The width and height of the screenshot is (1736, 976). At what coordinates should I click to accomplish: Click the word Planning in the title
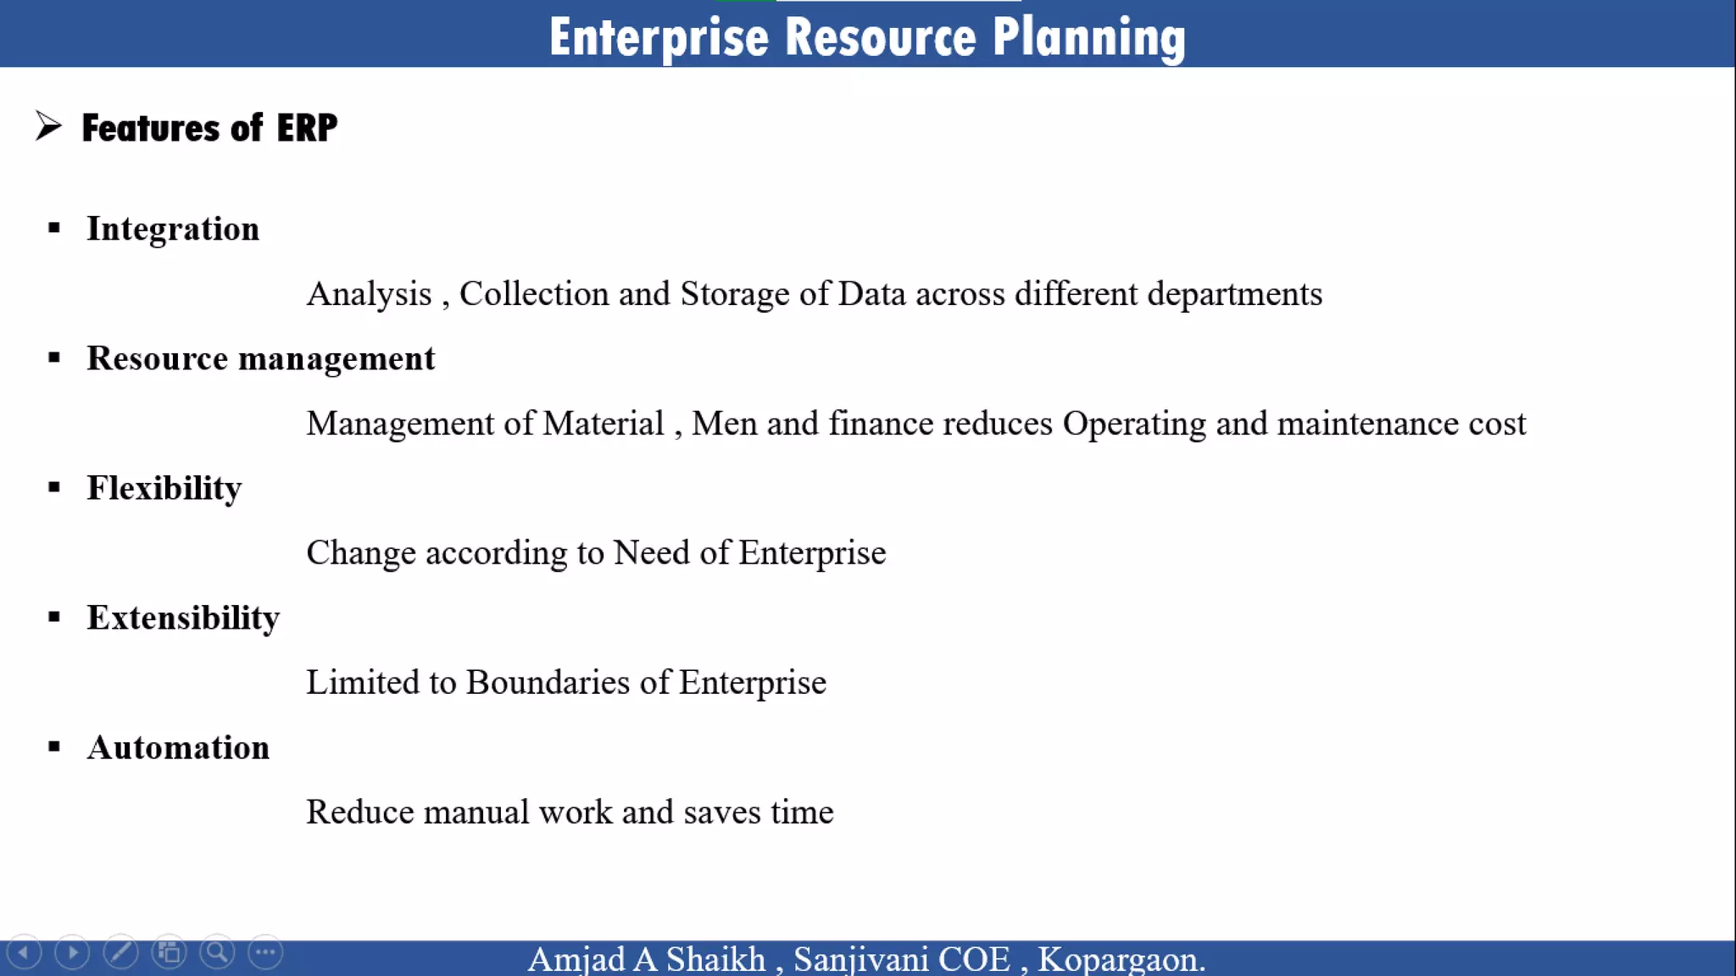(x=1088, y=37)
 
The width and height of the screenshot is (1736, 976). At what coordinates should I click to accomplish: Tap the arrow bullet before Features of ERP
(x=48, y=126)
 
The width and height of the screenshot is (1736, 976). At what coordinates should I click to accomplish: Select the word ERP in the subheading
(x=307, y=128)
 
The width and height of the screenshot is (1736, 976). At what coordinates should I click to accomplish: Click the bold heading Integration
(x=173, y=229)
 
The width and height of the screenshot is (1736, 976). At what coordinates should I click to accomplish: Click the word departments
(x=1234, y=294)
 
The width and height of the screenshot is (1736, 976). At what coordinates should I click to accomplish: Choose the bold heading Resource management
(x=260, y=358)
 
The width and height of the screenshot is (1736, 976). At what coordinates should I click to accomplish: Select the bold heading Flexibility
(x=164, y=488)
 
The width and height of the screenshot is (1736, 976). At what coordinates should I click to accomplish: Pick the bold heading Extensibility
(x=183, y=618)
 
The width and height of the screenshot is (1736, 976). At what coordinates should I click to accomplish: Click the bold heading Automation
(x=178, y=747)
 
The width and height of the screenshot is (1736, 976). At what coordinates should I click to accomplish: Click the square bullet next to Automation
(x=54, y=746)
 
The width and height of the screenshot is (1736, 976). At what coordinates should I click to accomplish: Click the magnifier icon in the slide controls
(x=217, y=952)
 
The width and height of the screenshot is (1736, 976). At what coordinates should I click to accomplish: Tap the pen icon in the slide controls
(x=120, y=952)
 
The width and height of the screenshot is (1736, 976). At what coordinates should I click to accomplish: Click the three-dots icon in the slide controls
(x=265, y=952)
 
